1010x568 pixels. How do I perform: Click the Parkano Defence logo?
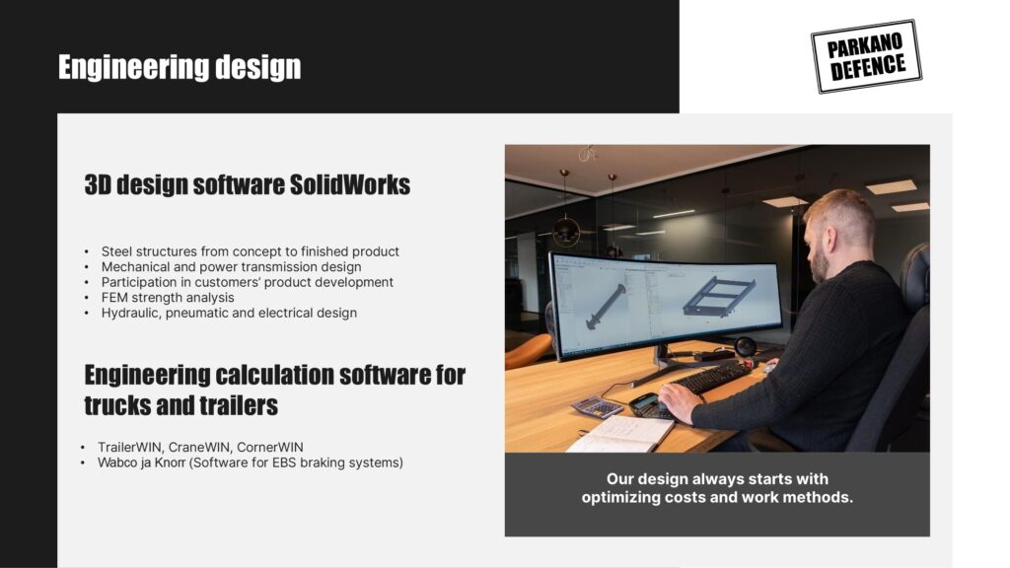[x=866, y=56]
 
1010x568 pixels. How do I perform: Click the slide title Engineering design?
[x=180, y=68]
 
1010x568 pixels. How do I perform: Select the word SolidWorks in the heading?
[x=350, y=184]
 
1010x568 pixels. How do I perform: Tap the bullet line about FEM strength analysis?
[x=168, y=298]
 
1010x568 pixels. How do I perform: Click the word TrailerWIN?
[x=131, y=447]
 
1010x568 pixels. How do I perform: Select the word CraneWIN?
[x=200, y=447]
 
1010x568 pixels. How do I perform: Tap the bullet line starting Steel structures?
[x=250, y=251]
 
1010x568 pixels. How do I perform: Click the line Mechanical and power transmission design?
[x=231, y=266]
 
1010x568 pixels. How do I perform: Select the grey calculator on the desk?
[x=597, y=407]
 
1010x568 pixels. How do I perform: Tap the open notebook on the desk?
[x=619, y=434]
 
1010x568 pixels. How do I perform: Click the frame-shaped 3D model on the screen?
[x=719, y=296]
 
